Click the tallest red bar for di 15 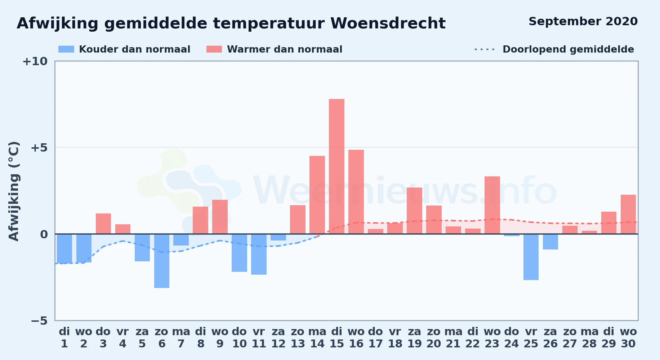tap(336, 166)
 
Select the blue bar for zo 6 tap(162, 261)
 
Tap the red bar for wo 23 tap(492, 205)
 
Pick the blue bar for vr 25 tap(531, 257)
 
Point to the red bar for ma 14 tap(317, 195)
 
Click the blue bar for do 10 tap(239, 253)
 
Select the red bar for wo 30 tap(628, 214)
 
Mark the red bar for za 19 tap(414, 211)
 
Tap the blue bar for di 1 tap(64, 248)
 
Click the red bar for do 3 tap(103, 224)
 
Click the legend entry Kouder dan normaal tap(124, 49)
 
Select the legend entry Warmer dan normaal tap(275, 49)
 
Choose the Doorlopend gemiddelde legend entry tap(554, 49)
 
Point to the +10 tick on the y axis tap(35, 61)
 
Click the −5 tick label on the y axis tap(39, 320)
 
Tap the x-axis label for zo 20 tap(434, 338)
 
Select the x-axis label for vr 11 tap(259, 338)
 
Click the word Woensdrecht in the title tap(388, 23)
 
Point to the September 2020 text tap(583, 22)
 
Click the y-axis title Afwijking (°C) tap(14, 191)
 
